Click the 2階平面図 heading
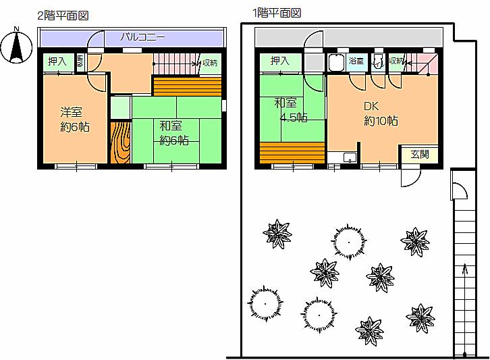(63, 15)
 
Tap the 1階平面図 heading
(276, 12)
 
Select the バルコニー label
(142, 36)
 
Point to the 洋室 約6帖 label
(75, 120)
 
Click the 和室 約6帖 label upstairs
(173, 133)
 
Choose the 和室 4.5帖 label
(291, 111)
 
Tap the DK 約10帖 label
(380, 113)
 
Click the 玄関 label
(418, 153)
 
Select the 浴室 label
(356, 61)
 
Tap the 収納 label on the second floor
(210, 63)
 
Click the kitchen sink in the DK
(349, 158)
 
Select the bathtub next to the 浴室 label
(336, 63)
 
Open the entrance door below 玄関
(409, 177)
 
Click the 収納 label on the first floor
(396, 61)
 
